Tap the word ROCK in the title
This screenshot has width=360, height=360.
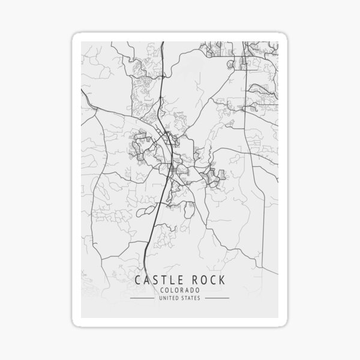pos(207,280)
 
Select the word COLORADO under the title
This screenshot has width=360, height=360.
pos(179,290)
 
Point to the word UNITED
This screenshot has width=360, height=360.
pos(168,298)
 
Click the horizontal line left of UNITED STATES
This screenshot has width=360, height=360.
pos(143,298)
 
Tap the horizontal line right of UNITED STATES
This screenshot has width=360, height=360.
pos(216,298)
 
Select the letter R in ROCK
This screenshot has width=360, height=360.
pos(193,280)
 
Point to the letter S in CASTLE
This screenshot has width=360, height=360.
pos(155,280)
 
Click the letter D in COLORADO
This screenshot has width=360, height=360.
pos(192,290)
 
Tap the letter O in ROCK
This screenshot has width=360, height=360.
pos(202,280)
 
